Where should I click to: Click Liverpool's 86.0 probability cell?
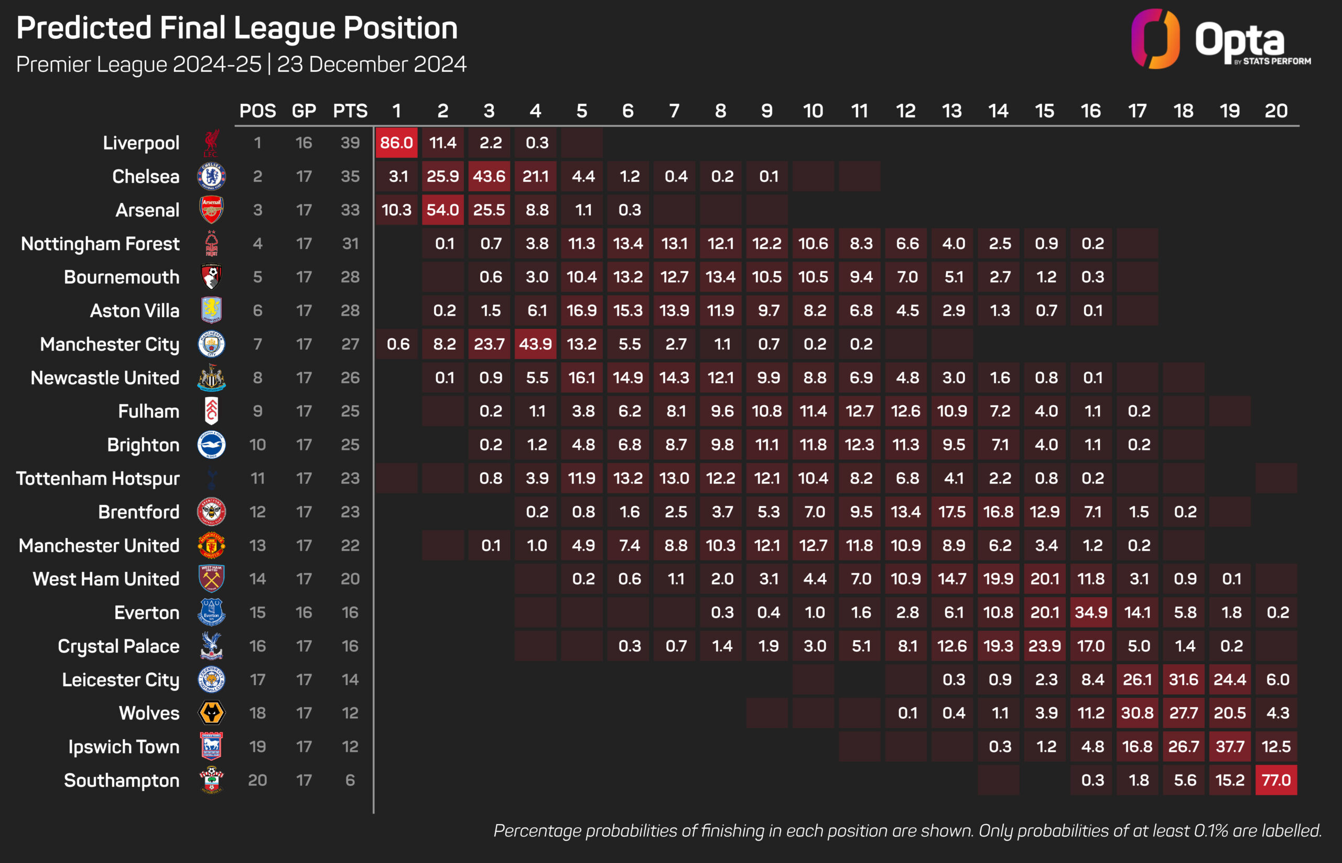coord(396,143)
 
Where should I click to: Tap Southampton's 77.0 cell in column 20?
coord(1276,780)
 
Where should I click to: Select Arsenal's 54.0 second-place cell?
coord(442,210)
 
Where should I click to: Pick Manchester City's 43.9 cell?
coord(535,344)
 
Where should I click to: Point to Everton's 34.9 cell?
coord(1090,612)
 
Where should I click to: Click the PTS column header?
coord(350,111)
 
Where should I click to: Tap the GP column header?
coord(304,111)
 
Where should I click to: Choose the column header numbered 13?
coord(951,111)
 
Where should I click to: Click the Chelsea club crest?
coord(211,177)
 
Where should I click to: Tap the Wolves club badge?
coord(211,713)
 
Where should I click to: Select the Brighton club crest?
coord(211,445)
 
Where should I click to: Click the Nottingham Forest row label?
coord(100,244)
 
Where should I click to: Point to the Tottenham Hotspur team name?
coord(98,479)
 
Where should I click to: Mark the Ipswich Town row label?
coord(124,747)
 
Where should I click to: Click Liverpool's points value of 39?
coord(350,143)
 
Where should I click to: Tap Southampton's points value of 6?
coord(350,780)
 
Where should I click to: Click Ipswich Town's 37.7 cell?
coord(1229,747)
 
